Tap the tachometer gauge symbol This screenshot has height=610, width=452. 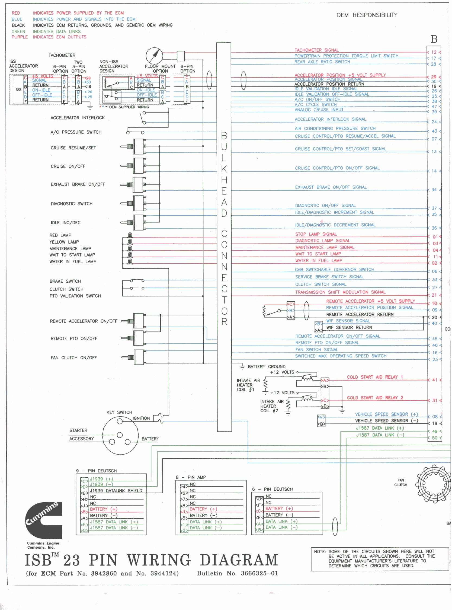154,56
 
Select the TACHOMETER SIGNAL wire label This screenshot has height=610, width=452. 317,50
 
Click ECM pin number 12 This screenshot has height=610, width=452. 434,52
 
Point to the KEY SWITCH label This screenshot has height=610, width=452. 119,413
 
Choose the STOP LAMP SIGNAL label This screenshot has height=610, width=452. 316,234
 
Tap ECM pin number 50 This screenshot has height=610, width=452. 434,438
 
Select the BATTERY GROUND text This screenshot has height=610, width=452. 267,367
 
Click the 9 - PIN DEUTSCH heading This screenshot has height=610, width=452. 96,471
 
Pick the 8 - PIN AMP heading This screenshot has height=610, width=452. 191,477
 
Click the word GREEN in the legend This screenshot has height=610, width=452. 18,32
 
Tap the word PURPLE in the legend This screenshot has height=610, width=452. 20,37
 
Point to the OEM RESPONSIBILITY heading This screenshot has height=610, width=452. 367,15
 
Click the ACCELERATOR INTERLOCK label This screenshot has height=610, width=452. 78,118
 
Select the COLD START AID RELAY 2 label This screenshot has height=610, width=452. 375,398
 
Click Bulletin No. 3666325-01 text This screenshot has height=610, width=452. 238,573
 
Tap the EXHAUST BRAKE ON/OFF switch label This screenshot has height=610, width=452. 78,184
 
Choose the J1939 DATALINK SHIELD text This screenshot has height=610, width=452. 116,491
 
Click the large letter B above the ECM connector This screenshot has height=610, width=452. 434,39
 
